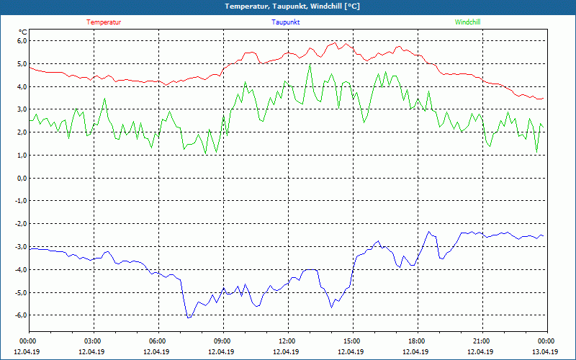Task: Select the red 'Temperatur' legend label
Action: (x=104, y=22)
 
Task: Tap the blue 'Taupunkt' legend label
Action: (x=286, y=22)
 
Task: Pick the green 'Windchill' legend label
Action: (x=468, y=22)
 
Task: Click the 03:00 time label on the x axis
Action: (x=93, y=341)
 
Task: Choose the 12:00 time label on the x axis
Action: (x=287, y=341)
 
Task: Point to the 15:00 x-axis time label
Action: (x=351, y=341)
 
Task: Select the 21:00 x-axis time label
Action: (x=481, y=341)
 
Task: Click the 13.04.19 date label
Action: (x=545, y=351)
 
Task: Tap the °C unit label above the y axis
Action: (x=23, y=32)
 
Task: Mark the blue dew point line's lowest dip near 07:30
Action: (x=188, y=318)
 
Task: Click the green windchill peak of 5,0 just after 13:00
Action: (x=310, y=64)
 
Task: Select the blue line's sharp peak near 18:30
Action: (x=429, y=232)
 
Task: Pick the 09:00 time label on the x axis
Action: (x=222, y=341)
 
